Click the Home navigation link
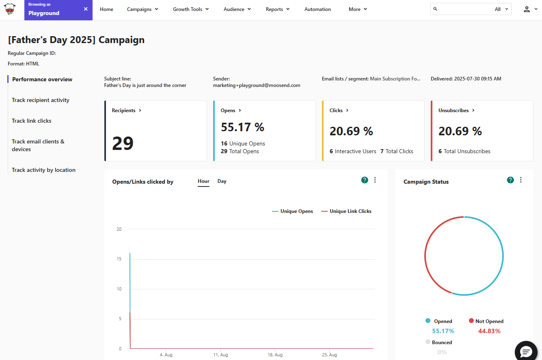(x=106, y=9)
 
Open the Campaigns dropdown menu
(x=142, y=9)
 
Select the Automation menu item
(x=317, y=9)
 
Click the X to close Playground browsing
(x=86, y=9)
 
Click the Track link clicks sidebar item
(x=32, y=121)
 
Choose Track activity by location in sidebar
(x=43, y=170)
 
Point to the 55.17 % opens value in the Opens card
(x=242, y=127)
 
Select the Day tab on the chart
(x=222, y=181)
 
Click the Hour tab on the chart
(x=203, y=181)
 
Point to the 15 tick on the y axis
(x=119, y=259)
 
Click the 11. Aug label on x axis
(x=220, y=355)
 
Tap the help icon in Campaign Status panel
(x=510, y=180)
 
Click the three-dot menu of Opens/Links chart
(x=375, y=180)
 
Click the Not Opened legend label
(x=489, y=321)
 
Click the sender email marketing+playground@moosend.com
(x=257, y=85)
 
